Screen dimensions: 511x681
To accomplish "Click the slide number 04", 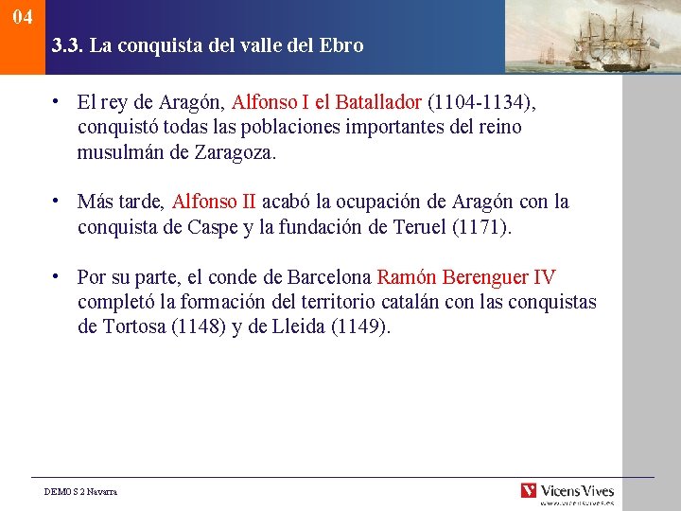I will [23, 18].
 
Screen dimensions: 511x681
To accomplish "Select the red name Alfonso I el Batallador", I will [326, 101].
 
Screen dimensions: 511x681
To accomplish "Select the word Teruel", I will [418, 227].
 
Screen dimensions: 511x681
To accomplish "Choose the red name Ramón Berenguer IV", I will [466, 278].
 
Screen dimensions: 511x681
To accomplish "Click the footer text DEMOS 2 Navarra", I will [81, 492].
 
